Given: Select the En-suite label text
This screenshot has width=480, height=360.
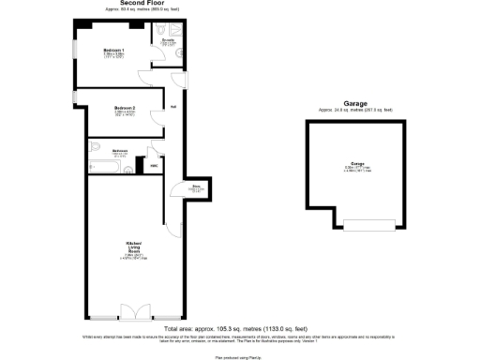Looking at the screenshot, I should click(x=169, y=41).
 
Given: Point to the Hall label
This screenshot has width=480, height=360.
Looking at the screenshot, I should click(x=173, y=106).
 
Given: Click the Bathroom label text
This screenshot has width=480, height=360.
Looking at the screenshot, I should click(x=120, y=150).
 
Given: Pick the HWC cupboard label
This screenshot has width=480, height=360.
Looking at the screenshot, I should click(x=155, y=167).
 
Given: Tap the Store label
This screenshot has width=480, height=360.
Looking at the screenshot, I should click(x=198, y=187).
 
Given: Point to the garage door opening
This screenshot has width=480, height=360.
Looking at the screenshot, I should click(x=362, y=225).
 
